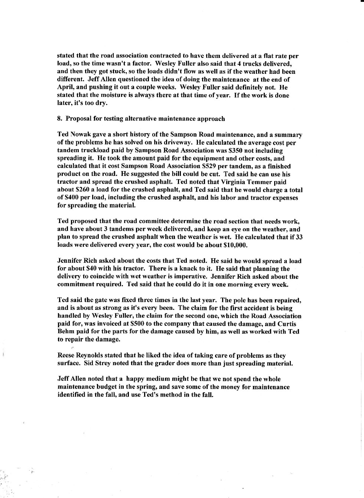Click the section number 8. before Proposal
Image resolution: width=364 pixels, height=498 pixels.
point(60,119)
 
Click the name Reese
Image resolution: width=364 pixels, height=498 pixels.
point(67,356)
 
